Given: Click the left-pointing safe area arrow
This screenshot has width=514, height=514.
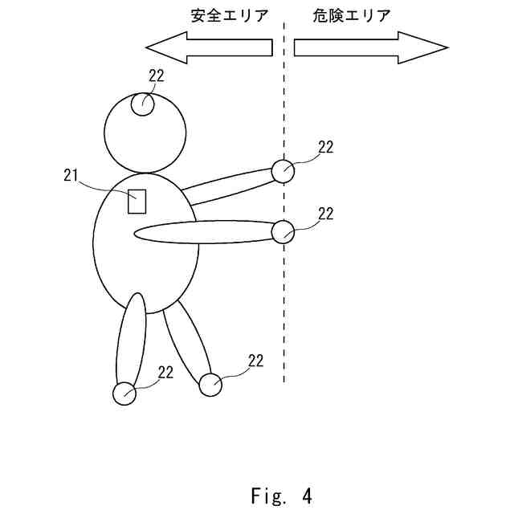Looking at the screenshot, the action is [217, 47].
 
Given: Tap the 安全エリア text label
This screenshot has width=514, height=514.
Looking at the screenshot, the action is [229, 16].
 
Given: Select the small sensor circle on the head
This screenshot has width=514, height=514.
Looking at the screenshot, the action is [144, 104].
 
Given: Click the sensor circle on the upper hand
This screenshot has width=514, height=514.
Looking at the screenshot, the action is [283, 170].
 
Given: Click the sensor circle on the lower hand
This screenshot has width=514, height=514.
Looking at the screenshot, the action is [283, 232].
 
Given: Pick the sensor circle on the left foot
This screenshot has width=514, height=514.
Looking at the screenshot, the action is [124, 394].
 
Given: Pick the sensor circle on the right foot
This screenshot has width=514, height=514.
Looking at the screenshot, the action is [210, 385].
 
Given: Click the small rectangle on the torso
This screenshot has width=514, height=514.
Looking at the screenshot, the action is [137, 201].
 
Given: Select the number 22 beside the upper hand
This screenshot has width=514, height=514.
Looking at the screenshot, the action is [325, 147].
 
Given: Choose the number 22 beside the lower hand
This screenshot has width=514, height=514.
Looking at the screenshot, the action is [325, 214].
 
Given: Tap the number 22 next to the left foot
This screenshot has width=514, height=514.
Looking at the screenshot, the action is [165, 372].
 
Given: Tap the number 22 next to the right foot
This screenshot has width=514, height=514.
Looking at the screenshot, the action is [255, 361].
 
